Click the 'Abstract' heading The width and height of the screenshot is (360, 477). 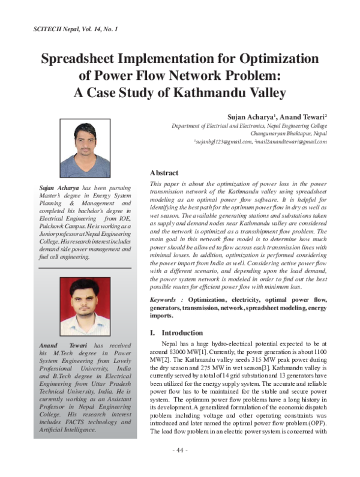coord(164,172)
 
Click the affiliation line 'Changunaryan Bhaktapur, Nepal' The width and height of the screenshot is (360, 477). coord(288,134)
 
